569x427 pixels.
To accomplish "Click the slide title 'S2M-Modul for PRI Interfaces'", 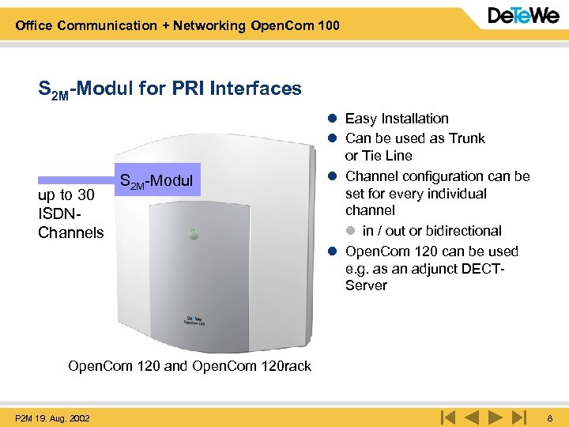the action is [x=170, y=89].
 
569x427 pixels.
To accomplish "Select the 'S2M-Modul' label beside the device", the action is [x=155, y=181].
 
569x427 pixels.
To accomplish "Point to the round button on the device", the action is [x=191, y=235].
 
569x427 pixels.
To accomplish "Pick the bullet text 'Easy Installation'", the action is [x=397, y=119].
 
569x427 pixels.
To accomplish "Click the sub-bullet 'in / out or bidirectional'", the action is [x=431, y=231].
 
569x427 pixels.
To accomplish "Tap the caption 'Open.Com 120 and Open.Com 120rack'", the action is [x=190, y=366].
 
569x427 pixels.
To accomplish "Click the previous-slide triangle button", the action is [x=472, y=416].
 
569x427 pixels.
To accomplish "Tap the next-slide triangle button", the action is [x=496, y=416].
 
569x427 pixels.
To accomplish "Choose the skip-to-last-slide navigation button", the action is [x=518, y=416].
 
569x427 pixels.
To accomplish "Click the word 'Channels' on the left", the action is [x=70, y=232].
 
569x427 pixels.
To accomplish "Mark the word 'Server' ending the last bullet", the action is [x=366, y=285].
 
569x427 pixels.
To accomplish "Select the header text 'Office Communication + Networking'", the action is [x=130, y=25].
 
